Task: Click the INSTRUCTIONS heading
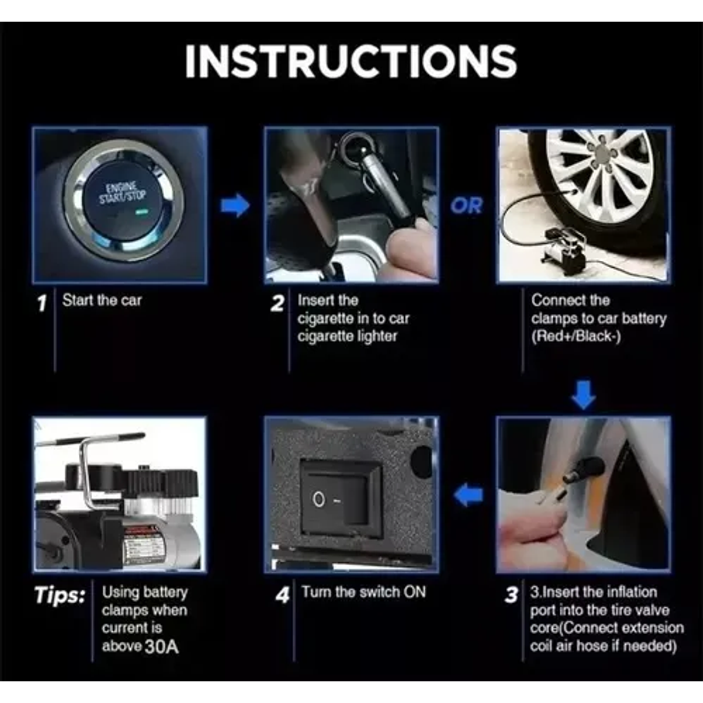(x=351, y=61)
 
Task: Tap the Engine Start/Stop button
(x=124, y=198)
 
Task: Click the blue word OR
(x=467, y=206)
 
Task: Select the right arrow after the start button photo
(x=235, y=205)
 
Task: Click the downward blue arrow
(x=583, y=395)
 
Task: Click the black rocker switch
(x=341, y=499)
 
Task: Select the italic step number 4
(x=283, y=595)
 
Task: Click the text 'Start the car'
(x=102, y=300)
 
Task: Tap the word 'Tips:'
(x=60, y=596)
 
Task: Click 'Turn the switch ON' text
(x=363, y=592)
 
